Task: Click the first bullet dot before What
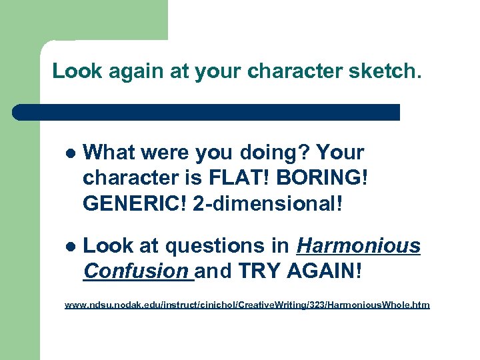(x=71, y=153)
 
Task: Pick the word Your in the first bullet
(x=340, y=153)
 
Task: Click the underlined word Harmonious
(x=359, y=247)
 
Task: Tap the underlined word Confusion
(x=136, y=272)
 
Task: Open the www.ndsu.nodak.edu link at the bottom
(x=247, y=305)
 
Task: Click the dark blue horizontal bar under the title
(x=207, y=112)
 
